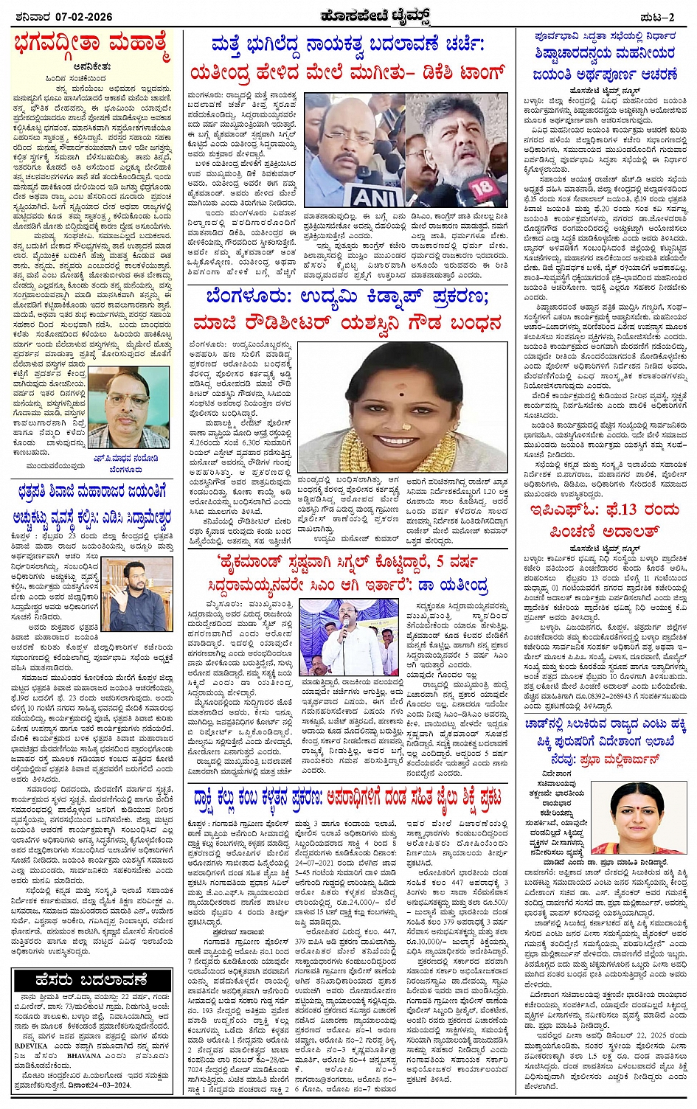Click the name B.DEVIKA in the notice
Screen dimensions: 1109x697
(32, 1045)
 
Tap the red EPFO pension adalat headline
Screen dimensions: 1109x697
(604, 521)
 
